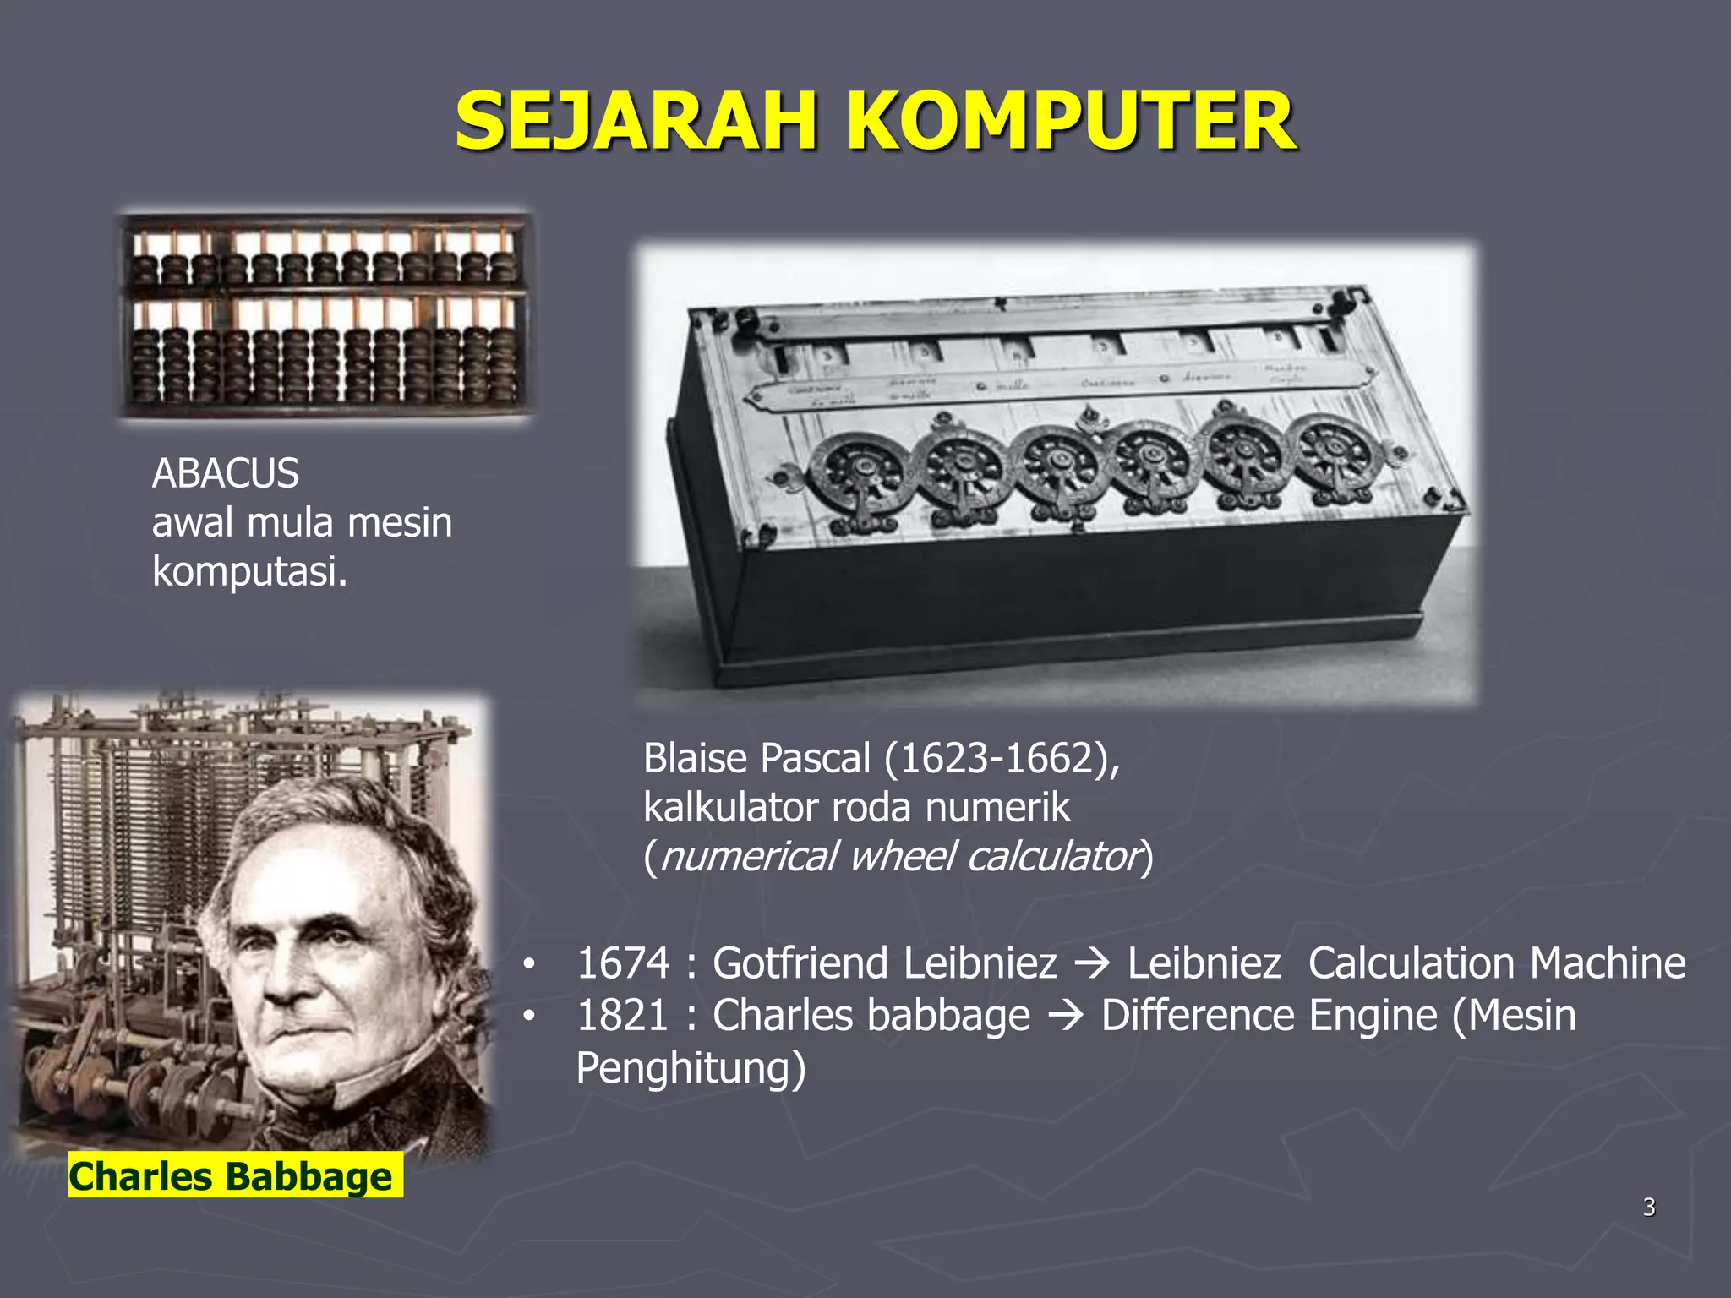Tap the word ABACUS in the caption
[x=226, y=473]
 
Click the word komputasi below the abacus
[x=249, y=572]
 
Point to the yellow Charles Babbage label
[x=232, y=1176]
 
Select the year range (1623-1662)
[x=1001, y=758]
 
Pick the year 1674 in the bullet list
[x=623, y=963]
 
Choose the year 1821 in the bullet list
[x=623, y=1016]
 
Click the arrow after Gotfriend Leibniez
[x=1092, y=964]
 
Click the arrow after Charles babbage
[x=1066, y=1017]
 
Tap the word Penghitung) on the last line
[x=691, y=1068]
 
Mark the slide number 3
[x=1649, y=1208]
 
